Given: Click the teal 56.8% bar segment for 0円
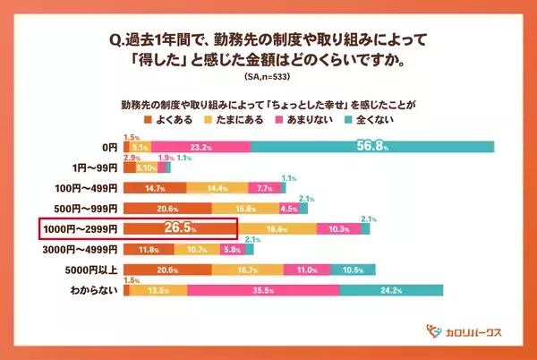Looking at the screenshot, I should click(x=372, y=146).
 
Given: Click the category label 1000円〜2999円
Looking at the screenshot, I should click(x=78, y=229).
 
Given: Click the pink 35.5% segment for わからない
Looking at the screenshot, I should click(x=263, y=290).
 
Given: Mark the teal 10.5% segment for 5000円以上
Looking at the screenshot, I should click(x=353, y=270).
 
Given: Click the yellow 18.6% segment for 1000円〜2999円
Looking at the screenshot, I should click(x=277, y=229).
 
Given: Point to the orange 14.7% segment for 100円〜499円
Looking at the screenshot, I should click(x=154, y=188).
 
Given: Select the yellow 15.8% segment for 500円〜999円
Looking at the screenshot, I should click(x=244, y=209).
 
